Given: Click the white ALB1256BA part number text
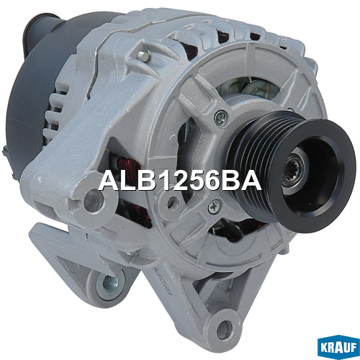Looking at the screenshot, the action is pos(180,181).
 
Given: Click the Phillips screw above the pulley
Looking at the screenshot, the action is pos(220,117).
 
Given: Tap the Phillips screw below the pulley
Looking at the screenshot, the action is pos(214,207).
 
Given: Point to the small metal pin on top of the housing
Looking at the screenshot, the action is pos(143,55).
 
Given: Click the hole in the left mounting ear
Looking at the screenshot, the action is pos(92,201).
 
